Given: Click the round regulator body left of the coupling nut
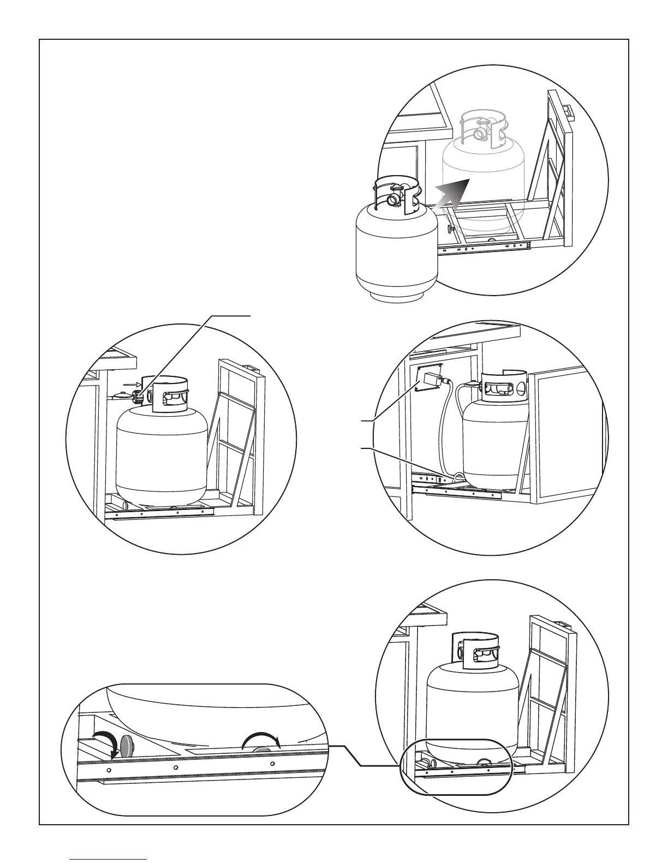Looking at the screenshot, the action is (x=118, y=396).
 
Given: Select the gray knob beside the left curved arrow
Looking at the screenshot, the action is (x=128, y=746).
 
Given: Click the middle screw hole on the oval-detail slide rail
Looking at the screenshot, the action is (x=176, y=767).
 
